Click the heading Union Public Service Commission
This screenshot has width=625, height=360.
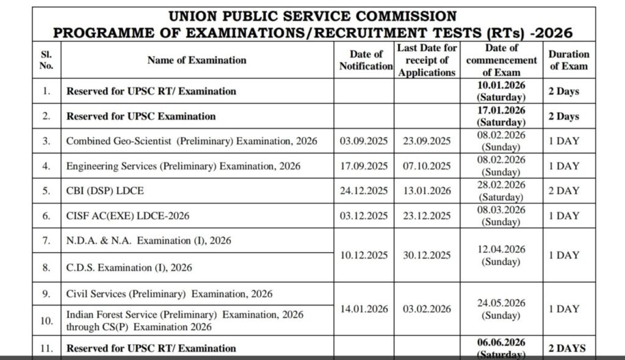(312, 16)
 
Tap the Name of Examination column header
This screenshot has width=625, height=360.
(197, 60)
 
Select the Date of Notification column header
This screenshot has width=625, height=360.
(366, 60)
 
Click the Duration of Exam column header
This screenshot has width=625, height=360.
(569, 60)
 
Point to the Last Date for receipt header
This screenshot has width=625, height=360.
(427, 60)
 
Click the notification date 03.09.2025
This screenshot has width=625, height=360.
(364, 141)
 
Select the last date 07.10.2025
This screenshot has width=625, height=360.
(427, 166)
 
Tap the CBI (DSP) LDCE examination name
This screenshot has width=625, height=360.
(105, 190)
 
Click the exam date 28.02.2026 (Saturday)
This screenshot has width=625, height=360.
(501, 190)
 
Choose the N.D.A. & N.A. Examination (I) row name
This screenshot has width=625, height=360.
(149, 240)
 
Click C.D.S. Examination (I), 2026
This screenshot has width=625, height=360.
(129, 267)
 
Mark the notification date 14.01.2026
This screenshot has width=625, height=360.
(364, 309)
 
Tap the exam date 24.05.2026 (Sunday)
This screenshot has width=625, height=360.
(501, 309)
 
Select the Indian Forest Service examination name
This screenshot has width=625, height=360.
(184, 320)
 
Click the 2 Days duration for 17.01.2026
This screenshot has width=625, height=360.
(563, 116)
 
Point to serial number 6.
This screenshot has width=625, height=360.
(46, 215)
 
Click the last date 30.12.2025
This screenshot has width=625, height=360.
(427, 255)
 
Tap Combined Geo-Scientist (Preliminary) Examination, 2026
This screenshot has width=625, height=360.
(192, 141)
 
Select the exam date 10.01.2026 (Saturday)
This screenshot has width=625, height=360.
(501, 91)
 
